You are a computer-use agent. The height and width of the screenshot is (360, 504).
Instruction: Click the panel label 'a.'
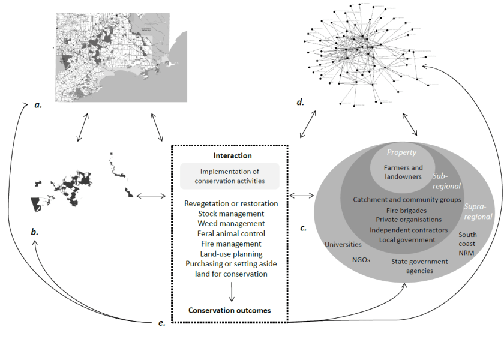tap(38, 105)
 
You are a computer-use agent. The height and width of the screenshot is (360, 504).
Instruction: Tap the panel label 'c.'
tap(302, 228)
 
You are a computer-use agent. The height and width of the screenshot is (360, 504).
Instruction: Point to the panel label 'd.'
tap(300, 102)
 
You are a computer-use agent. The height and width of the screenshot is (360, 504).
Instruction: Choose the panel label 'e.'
tap(161, 323)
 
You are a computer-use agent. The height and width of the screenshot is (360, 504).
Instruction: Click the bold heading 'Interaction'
tap(230, 155)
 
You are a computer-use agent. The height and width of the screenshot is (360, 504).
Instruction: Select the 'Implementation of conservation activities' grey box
tap(230, 176)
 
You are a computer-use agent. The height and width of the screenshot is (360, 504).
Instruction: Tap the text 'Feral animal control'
tap(230, 233)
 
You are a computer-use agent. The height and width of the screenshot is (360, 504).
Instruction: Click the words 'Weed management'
tap(230, 223)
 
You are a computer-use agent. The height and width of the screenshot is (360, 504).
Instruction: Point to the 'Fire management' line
tap(230, 244)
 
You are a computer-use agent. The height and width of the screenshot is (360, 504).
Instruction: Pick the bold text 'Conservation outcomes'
tap(230, 310)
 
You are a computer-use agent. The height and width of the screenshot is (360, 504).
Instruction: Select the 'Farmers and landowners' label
tap(403, 172)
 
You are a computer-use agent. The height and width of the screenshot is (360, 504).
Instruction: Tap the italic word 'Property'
tap(402, 153)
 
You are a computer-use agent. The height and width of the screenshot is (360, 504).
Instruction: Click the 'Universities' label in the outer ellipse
tap(343, 244)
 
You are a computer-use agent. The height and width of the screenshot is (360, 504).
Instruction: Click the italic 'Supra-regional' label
tap(478, 211)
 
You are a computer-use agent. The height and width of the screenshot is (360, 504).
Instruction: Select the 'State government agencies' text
tap(420, 266)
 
